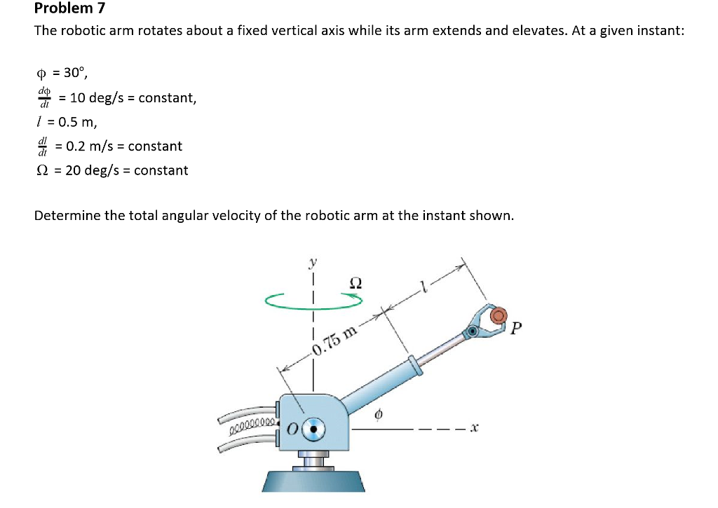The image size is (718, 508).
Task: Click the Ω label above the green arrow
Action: click(x=355, y=282)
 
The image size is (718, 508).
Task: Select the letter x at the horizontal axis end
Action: click(x=475, y=426)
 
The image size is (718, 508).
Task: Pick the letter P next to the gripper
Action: click(x=517, y=327)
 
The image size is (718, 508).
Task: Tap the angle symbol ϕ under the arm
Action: click(x=379, y=416)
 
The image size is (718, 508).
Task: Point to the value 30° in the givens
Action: click(x=72, y=72)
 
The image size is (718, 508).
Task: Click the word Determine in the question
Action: click(x=68, y=215)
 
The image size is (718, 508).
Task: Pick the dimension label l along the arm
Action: click(x=423, y=285)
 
